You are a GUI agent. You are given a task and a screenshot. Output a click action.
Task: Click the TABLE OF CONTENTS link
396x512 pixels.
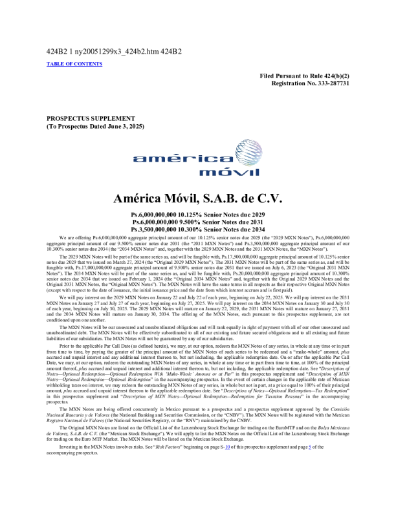coord(74,64)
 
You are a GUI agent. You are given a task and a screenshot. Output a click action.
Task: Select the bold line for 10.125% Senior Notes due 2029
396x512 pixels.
coord(197,214)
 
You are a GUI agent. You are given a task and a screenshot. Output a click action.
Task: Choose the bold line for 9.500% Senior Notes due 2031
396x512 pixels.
coord(197,221)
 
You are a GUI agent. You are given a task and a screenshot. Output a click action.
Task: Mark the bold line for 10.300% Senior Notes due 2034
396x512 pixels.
coord(197,229)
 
